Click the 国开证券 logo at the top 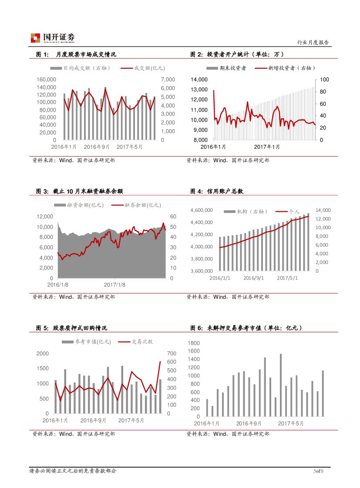click(x=53, y=38)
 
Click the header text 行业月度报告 click(x=313, y=42)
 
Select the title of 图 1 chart click(x=76, y=54)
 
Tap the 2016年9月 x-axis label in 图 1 click(x=97, y=147)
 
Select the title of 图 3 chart click(x=79, y=191)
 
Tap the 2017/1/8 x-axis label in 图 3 click(x=114, y=284)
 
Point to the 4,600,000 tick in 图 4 click(x=202, y=211)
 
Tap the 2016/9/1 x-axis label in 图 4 click(x=253, y=277)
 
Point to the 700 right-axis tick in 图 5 click(x=172, y=354)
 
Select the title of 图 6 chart click(x=246, y=328)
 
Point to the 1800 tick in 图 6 click(x=194, y=343)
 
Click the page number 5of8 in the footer click(x=319, y=471)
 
